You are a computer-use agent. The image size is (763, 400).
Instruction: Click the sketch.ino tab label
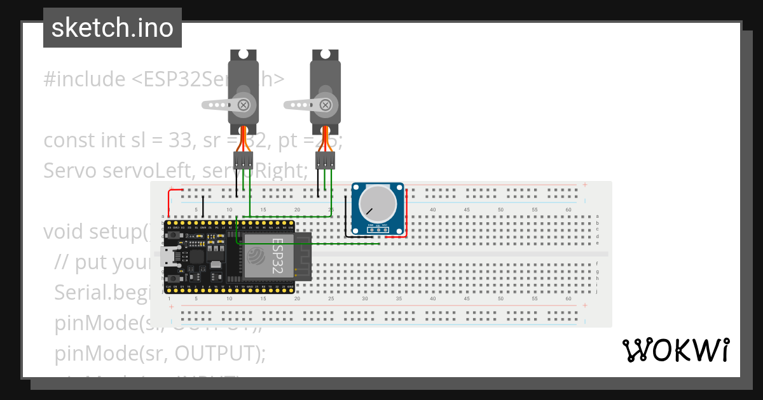pos(113,28)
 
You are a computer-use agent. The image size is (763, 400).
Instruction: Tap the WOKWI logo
pos(675,350)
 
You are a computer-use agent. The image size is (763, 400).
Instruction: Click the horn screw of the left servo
pos(243,104)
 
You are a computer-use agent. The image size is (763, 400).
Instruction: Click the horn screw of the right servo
pos(325,104)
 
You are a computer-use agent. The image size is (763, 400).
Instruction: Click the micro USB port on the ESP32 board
pos(167,258)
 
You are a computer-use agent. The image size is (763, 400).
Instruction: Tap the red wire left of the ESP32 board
pos(169,203)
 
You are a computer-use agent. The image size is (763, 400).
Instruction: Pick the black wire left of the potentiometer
pos(346,216)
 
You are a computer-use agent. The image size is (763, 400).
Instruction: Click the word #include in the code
pos(85,79)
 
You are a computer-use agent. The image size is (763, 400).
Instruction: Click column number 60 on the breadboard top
pos(568,210)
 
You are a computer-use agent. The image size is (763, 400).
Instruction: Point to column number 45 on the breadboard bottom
pos(467,298)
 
